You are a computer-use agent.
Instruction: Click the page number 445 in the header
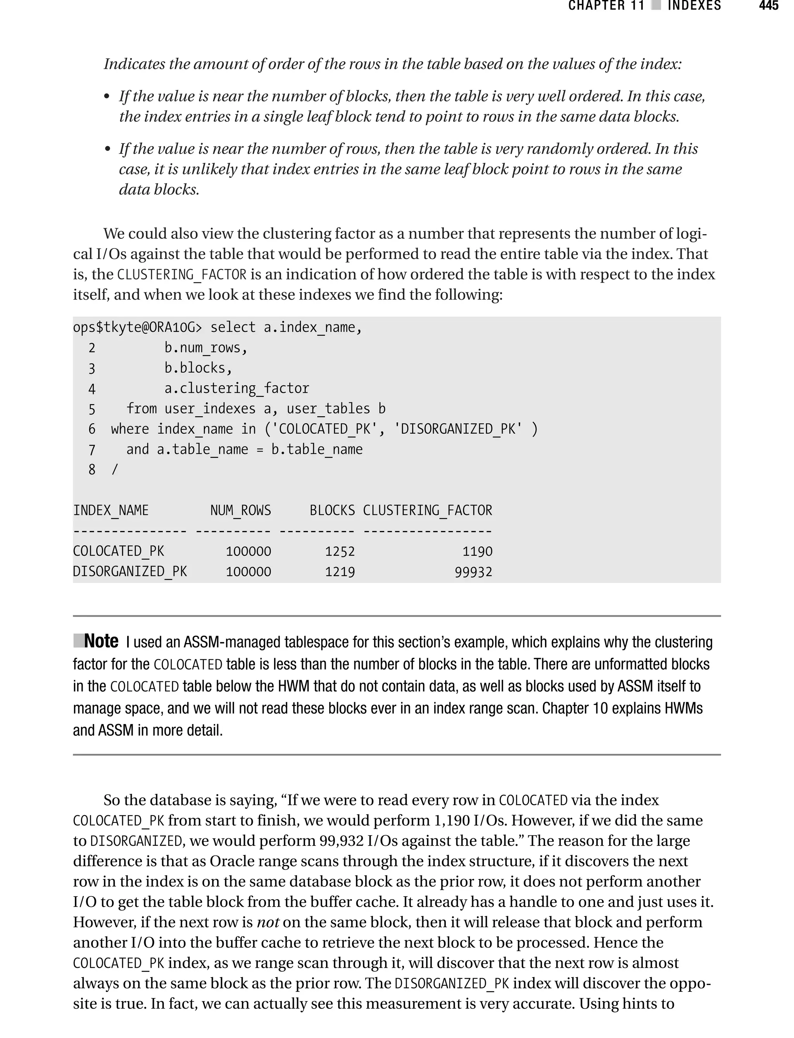768,6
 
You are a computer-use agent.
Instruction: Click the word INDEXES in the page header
694,6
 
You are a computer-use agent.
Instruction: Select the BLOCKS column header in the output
332,510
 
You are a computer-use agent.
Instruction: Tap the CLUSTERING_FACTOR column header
427,510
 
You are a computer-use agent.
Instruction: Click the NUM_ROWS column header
240,510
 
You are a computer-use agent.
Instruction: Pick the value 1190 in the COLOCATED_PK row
477,551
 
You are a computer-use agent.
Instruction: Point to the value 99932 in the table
473,572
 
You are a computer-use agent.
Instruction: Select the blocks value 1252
340,551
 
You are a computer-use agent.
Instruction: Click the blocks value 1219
340,572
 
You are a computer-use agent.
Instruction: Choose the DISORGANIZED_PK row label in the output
130,572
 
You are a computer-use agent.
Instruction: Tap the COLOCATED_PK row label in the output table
119,551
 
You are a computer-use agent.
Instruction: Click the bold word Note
101,641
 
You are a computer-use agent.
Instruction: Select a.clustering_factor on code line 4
236,388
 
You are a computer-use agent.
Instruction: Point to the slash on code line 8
114,470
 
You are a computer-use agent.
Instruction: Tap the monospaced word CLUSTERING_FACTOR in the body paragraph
182,274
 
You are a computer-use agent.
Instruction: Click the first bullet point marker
107,97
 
